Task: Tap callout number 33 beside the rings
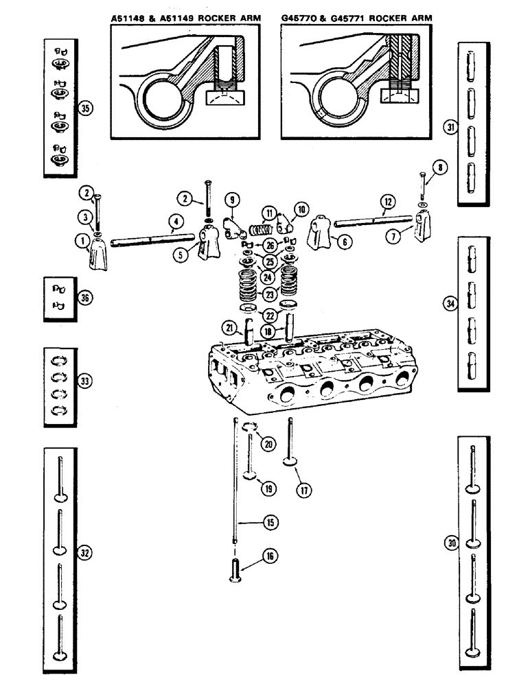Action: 85,381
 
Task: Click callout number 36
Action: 85,298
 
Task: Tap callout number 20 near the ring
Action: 268,444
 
